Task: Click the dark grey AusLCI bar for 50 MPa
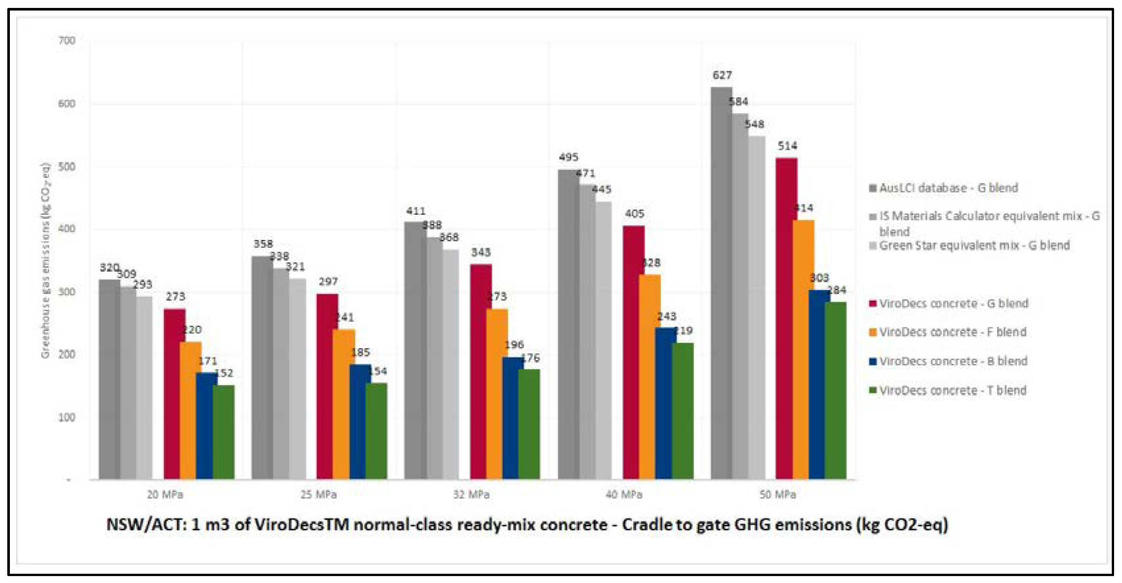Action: (721, 283)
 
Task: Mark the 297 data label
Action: (328, 282)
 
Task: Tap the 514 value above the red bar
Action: (787, 146)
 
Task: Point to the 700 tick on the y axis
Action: (67, 41)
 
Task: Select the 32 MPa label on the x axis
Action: (471, 495)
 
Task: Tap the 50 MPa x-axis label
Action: (777, 495)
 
